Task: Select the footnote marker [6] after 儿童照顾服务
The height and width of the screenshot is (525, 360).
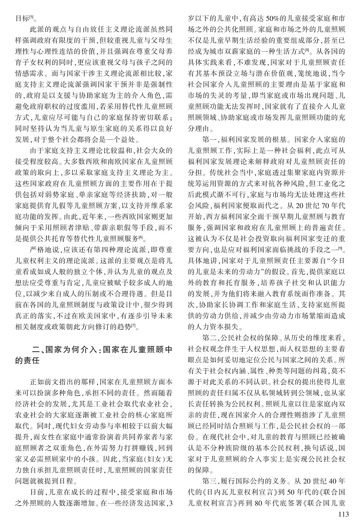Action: coord(140,237)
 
